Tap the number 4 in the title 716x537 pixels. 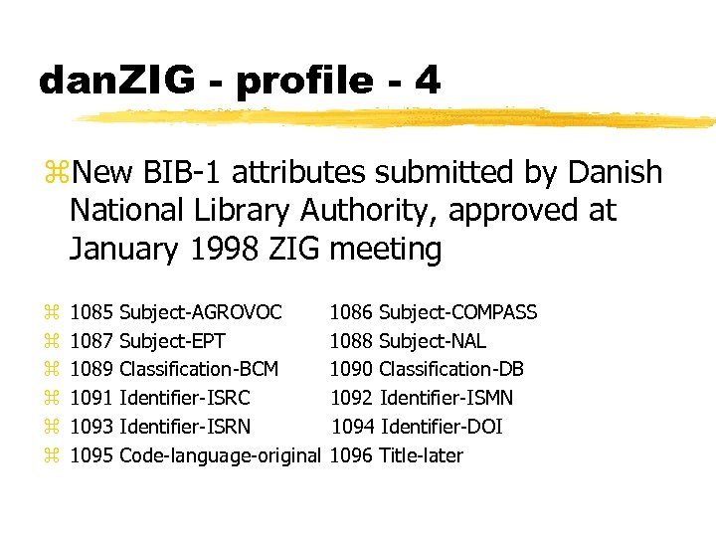(428, 81)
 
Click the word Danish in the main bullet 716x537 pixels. (614, 173)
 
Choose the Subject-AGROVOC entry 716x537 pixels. (200, 313)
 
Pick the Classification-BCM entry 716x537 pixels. (198, 370)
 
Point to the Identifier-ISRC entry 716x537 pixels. (184, 398)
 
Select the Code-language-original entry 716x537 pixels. (220, 455)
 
